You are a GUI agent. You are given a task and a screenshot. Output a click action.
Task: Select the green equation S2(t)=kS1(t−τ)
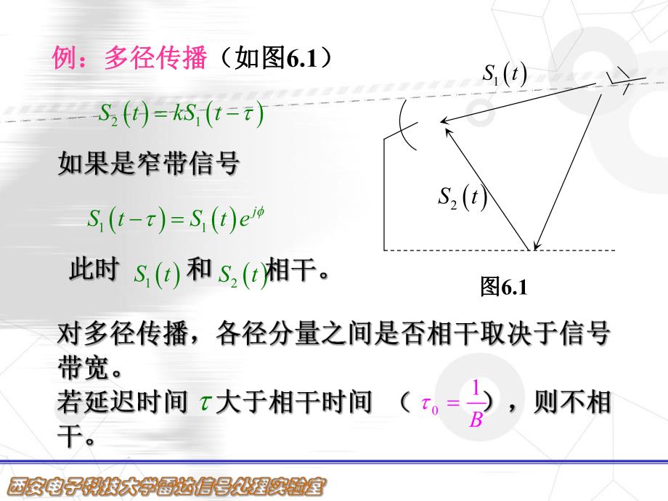pos(181,114)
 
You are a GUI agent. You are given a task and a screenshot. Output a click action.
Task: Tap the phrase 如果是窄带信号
pos(148,164)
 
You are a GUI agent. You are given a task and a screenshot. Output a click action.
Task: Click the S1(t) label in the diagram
pos(505,74)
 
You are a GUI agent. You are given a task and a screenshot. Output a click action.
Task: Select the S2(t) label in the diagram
pos(462,197)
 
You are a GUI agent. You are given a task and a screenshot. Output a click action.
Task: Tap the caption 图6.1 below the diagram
pos(502,288)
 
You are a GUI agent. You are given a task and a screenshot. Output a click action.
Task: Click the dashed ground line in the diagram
pos(436,250)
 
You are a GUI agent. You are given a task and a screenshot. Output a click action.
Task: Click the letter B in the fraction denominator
pos(476,420)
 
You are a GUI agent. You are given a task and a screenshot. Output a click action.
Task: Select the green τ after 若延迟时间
pos(204,404)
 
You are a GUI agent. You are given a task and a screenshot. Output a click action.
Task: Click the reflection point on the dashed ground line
pos(535,250)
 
